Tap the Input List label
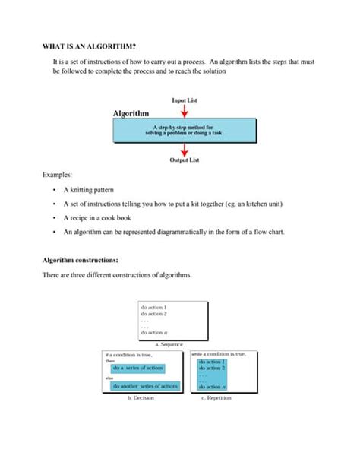(x=184, y=100)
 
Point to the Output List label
(x=184, y=160)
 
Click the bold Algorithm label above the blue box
(x=131, y=113)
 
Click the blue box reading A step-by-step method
(x=184, y=130)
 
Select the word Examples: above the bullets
(x=58, y=175)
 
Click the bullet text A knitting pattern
(x=90, y=191)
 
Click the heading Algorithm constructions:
(x=81, y=260)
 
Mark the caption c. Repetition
(x=218, y=397)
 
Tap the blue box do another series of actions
(x=144, y=386)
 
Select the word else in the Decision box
(x=109, y=377)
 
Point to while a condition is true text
(x=219, y=354)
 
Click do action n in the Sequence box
(x=155, y=333)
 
